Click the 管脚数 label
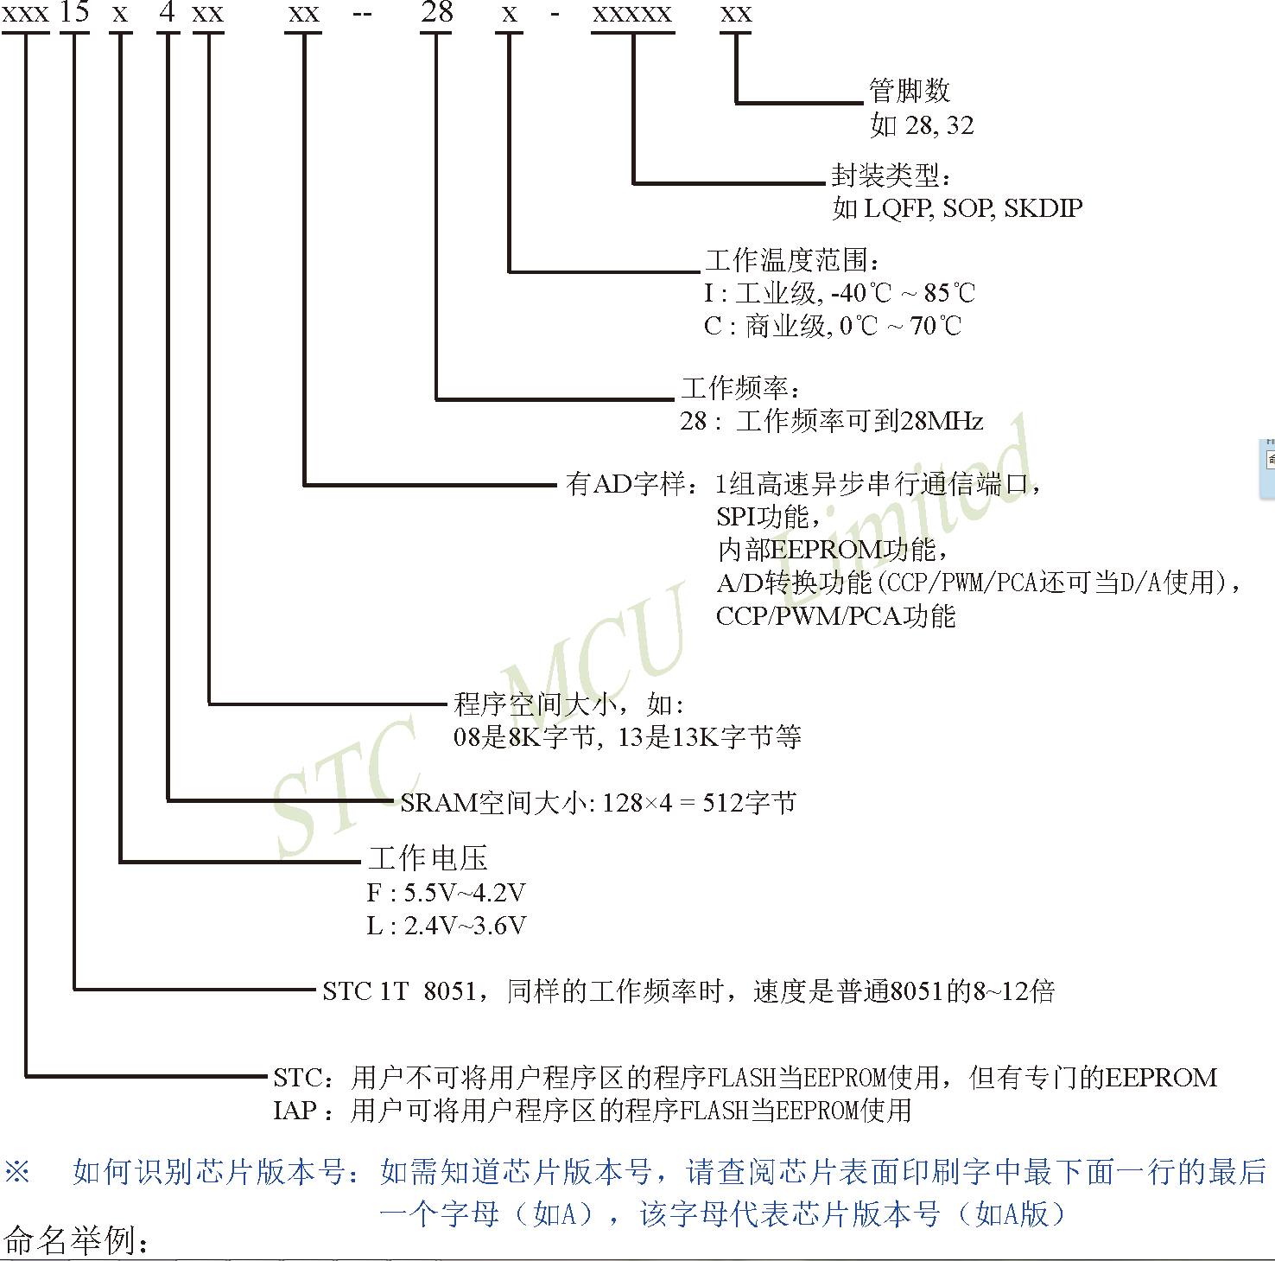[x=909, y=90]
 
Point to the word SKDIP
[x=1043, y=208]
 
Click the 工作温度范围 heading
[x=791, y=260]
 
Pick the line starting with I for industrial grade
[x=839, y=294]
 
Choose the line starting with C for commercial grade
[x=832, y=327]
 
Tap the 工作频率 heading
[x=739, y=388]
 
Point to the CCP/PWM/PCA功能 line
[x=835, y=616]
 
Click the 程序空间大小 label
[x=535, y=704]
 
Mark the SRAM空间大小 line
[x=598, y=803]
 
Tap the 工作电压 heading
[x=428, y=858]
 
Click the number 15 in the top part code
[x=74, y=13]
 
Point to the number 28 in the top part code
[x=436, y=13]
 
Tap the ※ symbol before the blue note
[x=17, y=1173]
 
